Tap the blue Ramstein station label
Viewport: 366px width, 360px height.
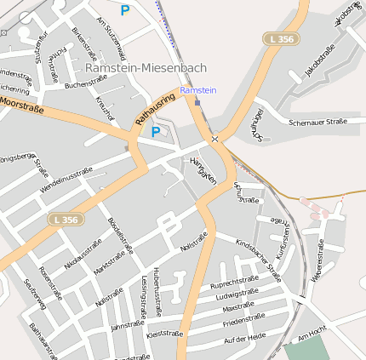click(198, 90)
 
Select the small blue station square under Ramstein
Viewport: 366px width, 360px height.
click(197, 101)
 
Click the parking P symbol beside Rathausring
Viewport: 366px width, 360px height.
click(155, 132)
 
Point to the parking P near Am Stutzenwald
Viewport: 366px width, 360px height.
click(125, 10)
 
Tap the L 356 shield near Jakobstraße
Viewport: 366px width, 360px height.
click(282, 39)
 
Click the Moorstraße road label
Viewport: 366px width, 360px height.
click(23, 104)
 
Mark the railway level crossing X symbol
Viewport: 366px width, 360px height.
click(215, 139)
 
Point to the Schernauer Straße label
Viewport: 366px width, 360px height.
click(317, 122)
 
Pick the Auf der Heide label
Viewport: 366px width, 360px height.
click(244, 338)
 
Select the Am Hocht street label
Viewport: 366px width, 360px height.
click(312, 334)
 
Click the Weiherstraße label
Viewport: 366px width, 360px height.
click(317, 260)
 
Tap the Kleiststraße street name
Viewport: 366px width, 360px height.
click(165, 334)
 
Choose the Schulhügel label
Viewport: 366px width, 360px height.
click(258, 123)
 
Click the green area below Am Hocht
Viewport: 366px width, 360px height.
click(306, 349)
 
